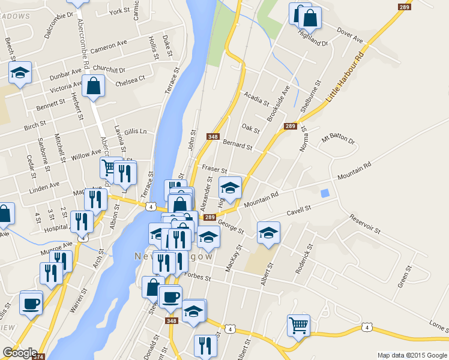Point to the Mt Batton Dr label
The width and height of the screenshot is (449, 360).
[x=338, y=140]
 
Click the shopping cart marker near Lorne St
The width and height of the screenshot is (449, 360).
[x=298, y=325]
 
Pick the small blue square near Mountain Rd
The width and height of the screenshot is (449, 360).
[x=325, y=194]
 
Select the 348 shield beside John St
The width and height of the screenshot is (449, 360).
[x=212, y=137]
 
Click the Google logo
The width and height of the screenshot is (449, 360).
[x=20, y=353]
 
